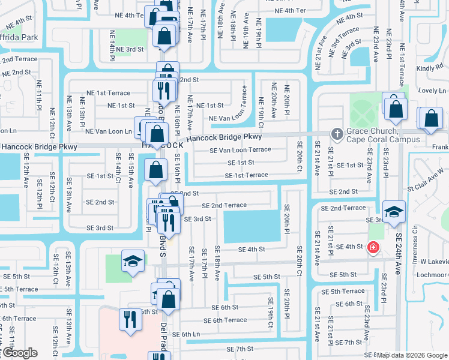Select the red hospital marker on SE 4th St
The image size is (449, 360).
(373, 247)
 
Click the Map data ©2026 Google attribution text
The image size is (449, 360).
(412, 355)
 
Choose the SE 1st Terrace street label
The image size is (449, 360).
(246, 175)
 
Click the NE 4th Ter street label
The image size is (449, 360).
(290, 11)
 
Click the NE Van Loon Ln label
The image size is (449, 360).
(109, 131)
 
